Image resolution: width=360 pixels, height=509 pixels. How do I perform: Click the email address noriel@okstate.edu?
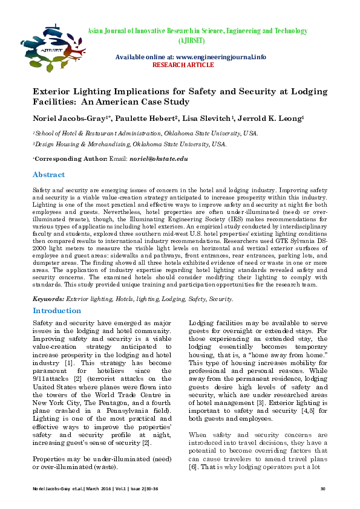tap(158, 158)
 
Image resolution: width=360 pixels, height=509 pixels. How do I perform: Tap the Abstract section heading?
tap(48, 175)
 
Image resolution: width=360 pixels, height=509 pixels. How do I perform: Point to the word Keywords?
tap(48, 299)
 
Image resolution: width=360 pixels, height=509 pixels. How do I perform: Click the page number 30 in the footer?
tap(322, 488)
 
